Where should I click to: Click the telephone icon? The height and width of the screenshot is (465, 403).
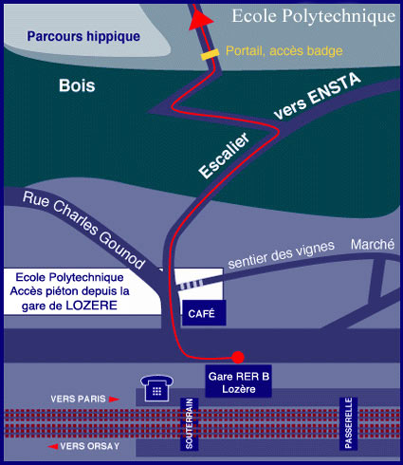pos(156,388)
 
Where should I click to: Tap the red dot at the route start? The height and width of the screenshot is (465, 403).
pos(238,357)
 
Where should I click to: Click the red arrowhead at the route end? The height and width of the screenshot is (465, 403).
pos(200,20)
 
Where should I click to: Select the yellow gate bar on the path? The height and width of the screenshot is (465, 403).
pos(210,54)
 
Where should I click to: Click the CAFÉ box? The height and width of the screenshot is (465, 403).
pos(204,313)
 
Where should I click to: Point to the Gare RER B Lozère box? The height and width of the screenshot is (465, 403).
pos(239,381)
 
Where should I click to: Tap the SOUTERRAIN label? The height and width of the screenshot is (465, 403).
pos(189,424)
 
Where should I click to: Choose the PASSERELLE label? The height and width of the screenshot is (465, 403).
pos(349,423)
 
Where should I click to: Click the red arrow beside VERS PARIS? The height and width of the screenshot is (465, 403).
pos(114,400)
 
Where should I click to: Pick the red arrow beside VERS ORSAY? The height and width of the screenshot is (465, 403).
pos(53,447)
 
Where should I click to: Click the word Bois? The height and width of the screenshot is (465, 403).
pos(77,85)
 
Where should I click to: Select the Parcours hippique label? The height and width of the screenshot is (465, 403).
pos(83,37)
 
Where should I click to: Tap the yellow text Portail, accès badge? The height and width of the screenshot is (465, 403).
pos(284,51)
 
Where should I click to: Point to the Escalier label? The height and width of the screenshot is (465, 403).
pos(224,156)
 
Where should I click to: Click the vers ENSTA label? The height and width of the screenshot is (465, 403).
pos(317,96)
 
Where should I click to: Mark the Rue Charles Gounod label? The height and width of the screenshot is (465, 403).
pos(83,231)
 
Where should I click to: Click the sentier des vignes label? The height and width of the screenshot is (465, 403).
pos(281,255)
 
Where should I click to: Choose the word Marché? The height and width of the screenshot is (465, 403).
pos(373,245)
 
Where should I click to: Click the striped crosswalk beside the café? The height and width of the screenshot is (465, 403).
pos(191,285)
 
